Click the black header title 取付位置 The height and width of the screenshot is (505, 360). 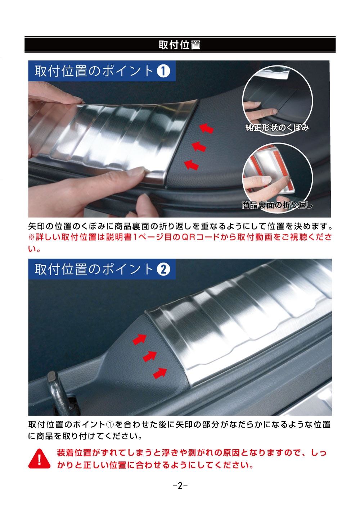coord(179,45)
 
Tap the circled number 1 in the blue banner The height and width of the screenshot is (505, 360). coord(163,71)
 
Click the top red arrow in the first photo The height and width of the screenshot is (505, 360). coord(206,128)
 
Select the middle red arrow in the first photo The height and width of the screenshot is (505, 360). coord(199,146)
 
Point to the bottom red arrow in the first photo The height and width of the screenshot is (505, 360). coord(192,165)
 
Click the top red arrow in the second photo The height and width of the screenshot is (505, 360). coord(139,339)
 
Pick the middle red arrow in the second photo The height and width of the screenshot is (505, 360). coord(150,356)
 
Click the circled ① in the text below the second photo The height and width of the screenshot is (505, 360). coord(110,424)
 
